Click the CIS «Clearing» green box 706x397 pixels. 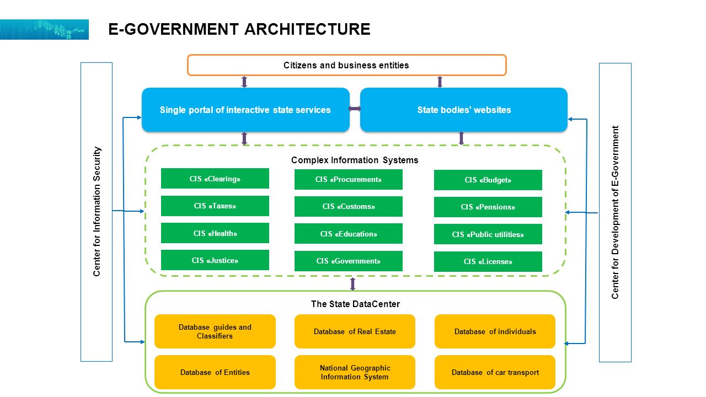[x=215, y=178]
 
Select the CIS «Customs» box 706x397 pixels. [x=348, y=206]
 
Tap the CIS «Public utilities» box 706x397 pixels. [x=488, y=234]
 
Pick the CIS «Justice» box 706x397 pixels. [x=215, y=260]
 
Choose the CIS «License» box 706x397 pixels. [x=488, y=261]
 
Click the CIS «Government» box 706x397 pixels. [x=348, y=261]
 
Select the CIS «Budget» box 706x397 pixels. [x=488, y=180]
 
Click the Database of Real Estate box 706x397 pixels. [x=355, y=331]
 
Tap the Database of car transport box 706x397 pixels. [x=495, y=372]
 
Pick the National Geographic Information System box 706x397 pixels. [x=355, y=372]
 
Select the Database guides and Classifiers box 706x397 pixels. [x=215, y=331]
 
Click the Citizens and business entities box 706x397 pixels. [x=347, y=65]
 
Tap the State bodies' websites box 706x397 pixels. [x=464, y=110]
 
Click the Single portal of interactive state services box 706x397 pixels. [x=245, y=110]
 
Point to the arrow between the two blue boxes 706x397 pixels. [x=355, y=109]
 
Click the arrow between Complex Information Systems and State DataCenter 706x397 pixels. [x=352, y=284]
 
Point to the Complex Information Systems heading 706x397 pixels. [x=355, y=160]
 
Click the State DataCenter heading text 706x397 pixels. [x=355, y=304]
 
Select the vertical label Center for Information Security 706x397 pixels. [x=97, y=212]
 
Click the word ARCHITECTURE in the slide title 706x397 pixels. [x=307, y=29]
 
